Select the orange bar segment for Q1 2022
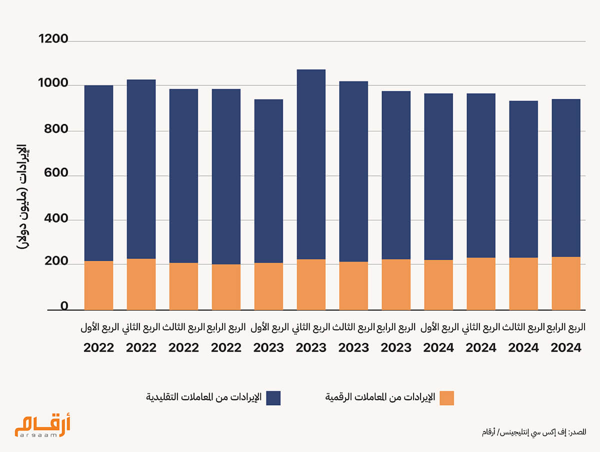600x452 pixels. tap(98, 285)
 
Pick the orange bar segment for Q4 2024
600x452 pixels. tap(566, 283)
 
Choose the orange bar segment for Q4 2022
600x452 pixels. tap(226, 287)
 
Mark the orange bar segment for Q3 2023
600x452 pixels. tap(353, 286)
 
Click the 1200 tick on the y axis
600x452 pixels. tap(53, 39)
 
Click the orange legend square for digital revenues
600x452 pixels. tap(446, 398)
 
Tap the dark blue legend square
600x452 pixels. tap(273, 398)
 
